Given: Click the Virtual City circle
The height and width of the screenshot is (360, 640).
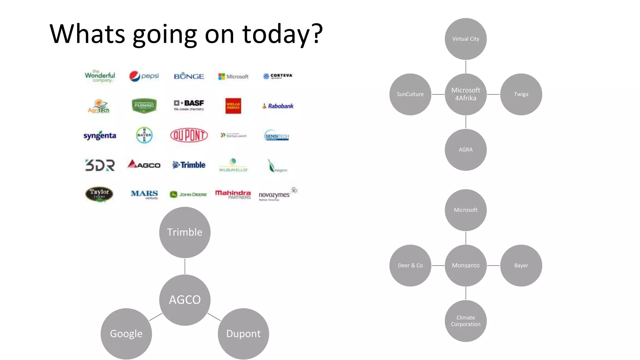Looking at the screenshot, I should pos(466,39).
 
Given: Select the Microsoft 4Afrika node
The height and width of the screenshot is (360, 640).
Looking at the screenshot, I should pos(466,94).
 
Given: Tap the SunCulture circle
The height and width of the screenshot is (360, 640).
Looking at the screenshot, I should pos(410,94).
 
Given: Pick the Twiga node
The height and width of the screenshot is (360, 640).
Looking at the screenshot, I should pos(521,94).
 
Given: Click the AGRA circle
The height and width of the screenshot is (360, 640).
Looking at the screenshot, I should pos(466,150).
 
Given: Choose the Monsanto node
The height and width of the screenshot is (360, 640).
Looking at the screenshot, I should pos(466,265).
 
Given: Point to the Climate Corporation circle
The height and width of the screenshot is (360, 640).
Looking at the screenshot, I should pos(466,321).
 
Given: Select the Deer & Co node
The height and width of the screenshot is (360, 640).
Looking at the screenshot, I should pos(410,265).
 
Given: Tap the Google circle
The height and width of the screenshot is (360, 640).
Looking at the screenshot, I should pos(126,334).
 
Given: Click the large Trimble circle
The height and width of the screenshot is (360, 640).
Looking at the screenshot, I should pos(185,232).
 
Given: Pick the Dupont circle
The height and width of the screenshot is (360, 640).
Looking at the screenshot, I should pos(243,334).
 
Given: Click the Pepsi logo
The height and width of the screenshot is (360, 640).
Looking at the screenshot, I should pos(144,76).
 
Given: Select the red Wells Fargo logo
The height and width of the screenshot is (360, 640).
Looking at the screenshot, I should pos(233,106).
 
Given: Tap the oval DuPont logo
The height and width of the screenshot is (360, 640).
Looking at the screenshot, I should pos(189,135).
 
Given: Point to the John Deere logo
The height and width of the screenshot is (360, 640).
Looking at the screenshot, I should pos(188,194).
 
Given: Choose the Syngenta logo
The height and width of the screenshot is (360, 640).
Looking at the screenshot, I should pos(100,136).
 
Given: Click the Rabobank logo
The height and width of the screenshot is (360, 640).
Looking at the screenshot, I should pos(278,106).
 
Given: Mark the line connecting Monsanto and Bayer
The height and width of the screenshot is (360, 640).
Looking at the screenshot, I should pos(493,265).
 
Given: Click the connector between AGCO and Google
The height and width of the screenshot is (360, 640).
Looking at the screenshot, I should pos(156,317).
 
